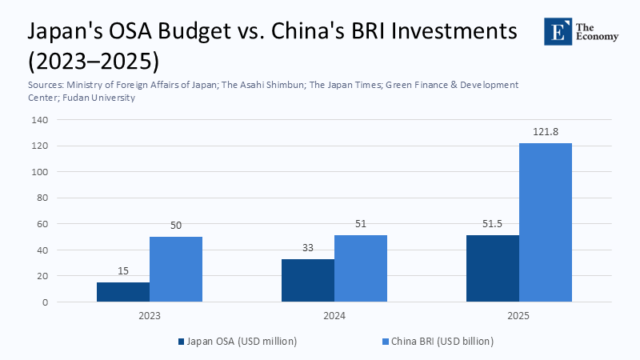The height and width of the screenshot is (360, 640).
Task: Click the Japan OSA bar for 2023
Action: tap(123, 292)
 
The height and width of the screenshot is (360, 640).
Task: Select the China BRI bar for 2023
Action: tap(176, 270)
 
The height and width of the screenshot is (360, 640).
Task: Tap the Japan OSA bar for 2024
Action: tap(308, 281)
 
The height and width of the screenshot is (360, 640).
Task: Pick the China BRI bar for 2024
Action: tap(361, 269)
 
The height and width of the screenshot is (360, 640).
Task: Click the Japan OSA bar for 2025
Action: tap(493, 269)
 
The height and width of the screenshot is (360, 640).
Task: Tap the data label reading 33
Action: tap(308, 249)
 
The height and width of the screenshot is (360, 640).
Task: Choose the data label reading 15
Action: tap(123, 272)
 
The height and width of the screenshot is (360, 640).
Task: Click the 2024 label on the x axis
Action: tap(334, 316)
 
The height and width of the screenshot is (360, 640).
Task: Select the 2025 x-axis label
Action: tap(519, 316)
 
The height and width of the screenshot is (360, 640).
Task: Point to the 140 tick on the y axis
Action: tap(39, 120)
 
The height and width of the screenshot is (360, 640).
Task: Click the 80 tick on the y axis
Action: tap(42, 198)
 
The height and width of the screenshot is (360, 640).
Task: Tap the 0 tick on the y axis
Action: tap(45, 302)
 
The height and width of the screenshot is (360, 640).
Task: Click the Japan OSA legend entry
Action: tap(238, 341)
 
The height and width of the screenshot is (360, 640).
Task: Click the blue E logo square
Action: tap(555, 31)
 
